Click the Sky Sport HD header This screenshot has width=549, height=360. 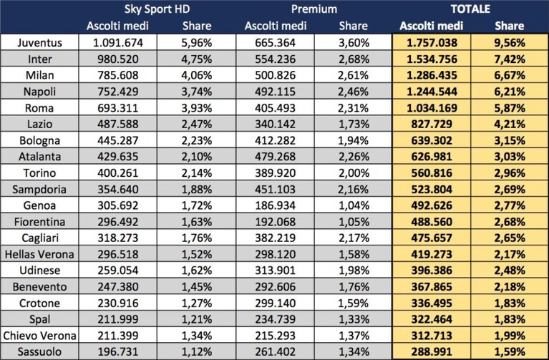157,9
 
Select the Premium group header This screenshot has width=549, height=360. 314,9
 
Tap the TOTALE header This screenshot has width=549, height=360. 470,9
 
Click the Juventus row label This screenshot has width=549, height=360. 39,43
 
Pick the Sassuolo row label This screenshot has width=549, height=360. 39,351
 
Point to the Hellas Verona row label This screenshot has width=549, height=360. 39,254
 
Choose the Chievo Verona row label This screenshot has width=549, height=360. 39,336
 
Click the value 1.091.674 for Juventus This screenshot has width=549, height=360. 118,43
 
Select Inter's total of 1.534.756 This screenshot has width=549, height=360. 432,59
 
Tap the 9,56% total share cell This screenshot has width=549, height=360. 510,43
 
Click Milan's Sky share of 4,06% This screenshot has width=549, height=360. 196,75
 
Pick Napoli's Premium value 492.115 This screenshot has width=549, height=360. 275,92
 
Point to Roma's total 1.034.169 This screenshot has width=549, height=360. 432,108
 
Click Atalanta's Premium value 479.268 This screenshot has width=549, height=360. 275,157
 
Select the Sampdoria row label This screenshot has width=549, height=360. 39,190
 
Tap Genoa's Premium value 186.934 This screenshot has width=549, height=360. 275,205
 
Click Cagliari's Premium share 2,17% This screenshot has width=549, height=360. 354,238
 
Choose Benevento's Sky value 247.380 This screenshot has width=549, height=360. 118,287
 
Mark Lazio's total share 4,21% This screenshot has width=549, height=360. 510,125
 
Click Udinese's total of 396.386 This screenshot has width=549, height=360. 432,271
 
